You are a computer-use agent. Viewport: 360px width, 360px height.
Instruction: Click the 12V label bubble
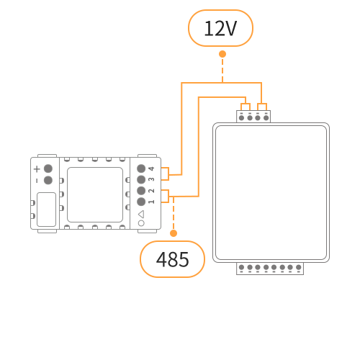220,28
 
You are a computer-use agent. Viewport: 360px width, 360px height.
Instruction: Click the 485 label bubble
172,259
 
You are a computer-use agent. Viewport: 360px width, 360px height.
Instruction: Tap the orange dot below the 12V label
222,54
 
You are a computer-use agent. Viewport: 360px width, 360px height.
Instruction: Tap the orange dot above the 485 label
174,233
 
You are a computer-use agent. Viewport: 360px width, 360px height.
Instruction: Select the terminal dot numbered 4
141,168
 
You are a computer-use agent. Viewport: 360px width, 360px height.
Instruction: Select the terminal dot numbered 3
141,179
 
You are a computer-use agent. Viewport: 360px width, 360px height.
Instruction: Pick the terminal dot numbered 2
141,191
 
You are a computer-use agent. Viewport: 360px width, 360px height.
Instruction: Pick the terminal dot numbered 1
141,202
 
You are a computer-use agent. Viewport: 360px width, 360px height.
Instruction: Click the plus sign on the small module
37,169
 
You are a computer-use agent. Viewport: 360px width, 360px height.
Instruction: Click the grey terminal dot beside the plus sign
48,168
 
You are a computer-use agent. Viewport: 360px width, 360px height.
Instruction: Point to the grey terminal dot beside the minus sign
48,180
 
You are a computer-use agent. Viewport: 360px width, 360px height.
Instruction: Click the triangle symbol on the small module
141,214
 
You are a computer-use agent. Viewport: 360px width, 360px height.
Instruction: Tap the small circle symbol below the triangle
141,223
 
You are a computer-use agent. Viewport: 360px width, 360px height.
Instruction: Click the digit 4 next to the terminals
151,168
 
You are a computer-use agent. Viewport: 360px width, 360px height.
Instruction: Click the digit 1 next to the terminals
151,202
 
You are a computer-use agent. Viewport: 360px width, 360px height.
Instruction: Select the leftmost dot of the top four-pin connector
241,118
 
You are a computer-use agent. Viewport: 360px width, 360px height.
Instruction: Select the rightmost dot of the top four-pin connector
266,118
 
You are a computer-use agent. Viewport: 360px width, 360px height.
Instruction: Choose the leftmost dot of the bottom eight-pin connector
241,267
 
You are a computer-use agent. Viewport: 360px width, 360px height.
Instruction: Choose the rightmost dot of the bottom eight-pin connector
299,267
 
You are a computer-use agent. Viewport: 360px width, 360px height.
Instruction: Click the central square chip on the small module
95,194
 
